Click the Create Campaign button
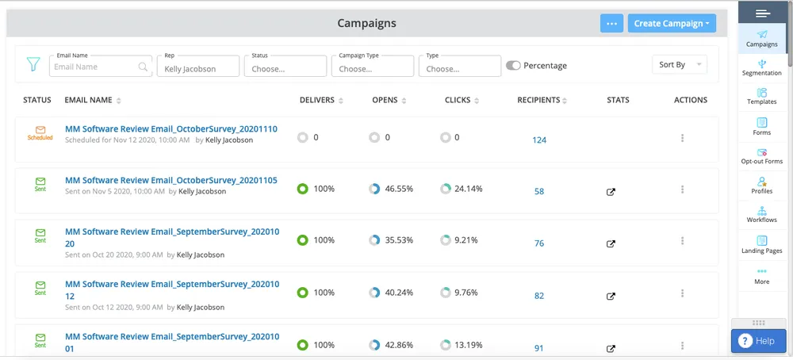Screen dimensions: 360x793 pos(672,24)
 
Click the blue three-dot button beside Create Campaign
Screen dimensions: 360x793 pos(611,24)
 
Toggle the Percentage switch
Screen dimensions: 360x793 pos(513,66)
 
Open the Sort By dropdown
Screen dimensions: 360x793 pos(679,65)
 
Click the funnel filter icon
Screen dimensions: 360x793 pos(33,63)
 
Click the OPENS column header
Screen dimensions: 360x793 pos(385,101)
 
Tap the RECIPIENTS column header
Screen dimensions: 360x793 pos(538,101)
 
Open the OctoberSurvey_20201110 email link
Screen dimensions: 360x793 pos(170,128)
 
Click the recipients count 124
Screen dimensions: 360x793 pos(539,140)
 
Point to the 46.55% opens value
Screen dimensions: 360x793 pos(399,190)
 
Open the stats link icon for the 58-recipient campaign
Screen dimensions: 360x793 pos(611,192)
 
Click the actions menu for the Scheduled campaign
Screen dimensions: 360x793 pos(683,139)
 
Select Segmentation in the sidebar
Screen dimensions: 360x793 pos(762,67)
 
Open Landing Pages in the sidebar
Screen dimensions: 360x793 pos(762,244)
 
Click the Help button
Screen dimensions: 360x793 pos(757,341)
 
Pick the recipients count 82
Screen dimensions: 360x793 pos(539,296)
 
